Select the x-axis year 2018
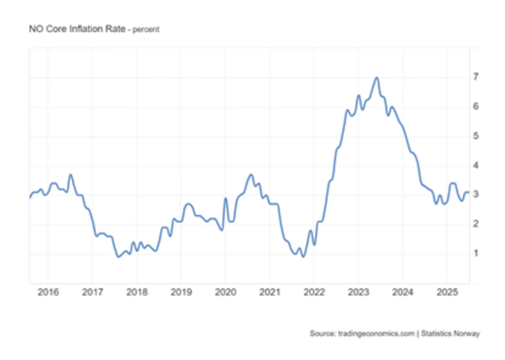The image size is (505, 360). tap(136, 293)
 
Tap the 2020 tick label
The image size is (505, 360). tap(225, 293)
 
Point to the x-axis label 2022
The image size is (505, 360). tap(313, 293)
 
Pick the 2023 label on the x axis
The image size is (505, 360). tap(357, 293)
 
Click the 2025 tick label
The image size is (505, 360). tap(446, 293)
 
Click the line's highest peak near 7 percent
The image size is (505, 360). tap(377, 78)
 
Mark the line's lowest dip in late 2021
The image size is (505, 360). tap(303, 256)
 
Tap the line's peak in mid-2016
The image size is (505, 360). tap(70, 175)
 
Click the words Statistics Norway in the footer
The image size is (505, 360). tap(452, 334)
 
